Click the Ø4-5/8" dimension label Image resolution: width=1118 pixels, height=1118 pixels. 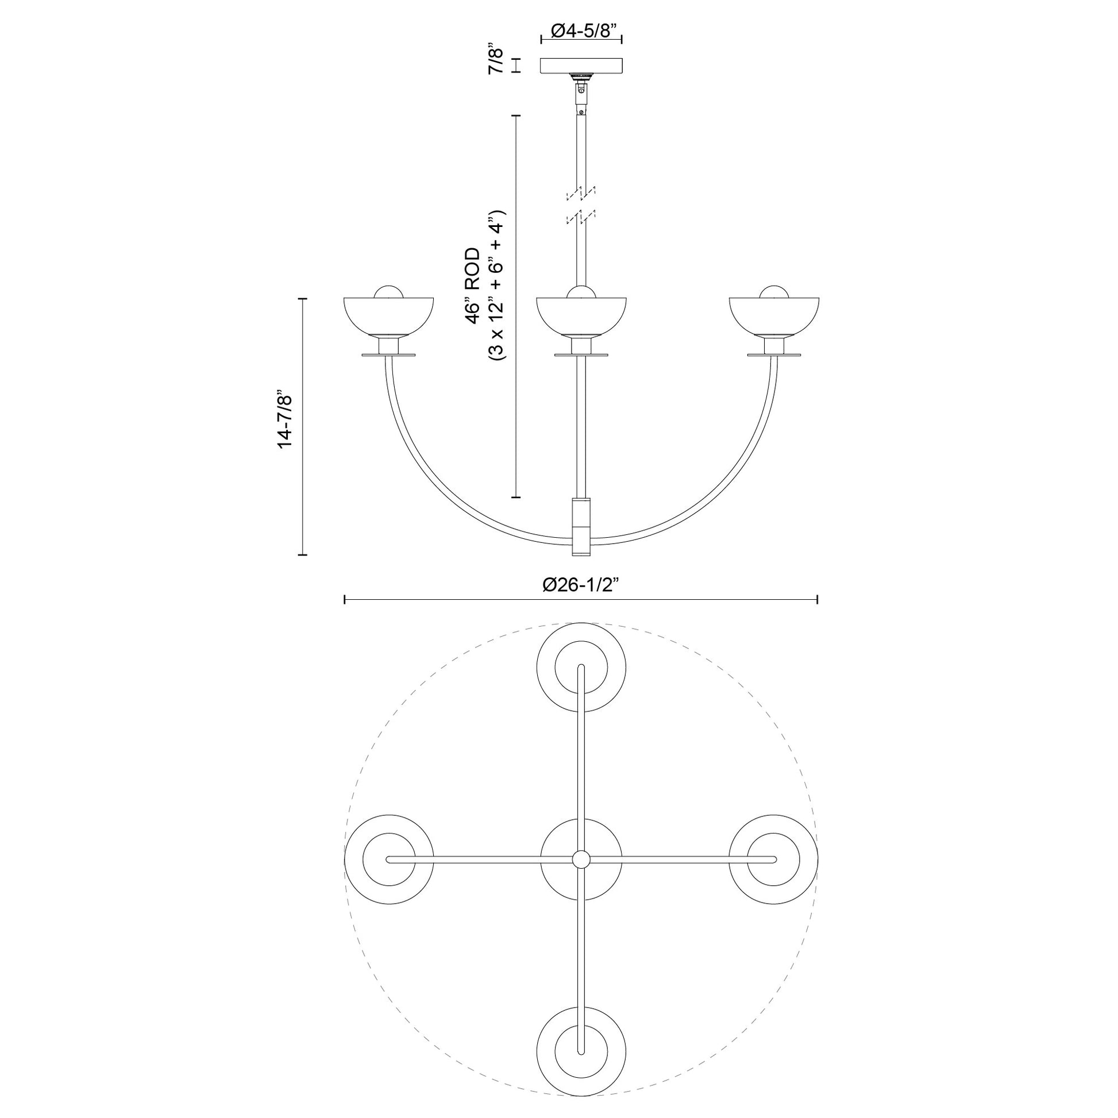(x=581, y=30)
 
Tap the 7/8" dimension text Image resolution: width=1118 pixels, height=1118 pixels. (x=496, y=61)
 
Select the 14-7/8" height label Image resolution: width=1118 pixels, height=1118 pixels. (x=286, y=419)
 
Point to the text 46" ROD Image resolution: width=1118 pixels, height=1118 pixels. (x=473, y=286)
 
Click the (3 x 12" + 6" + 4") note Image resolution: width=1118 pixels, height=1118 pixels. (x=497, y=286)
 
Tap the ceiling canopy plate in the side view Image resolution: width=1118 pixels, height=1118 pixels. (x=581, y=65)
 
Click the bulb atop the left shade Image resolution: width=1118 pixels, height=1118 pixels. (x=388, y=292)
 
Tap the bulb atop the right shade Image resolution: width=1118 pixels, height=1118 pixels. (x=774, y=292)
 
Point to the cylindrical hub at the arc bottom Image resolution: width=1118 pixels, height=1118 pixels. (x=581, y=526)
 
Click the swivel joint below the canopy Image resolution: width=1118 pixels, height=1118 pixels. (x=581, y=91)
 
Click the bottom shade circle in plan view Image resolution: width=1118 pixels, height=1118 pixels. (x=581, y=1051)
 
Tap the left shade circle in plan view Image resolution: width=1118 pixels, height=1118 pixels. (x=388, y=859)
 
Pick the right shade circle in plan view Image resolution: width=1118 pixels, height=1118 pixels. (x=774, y=859)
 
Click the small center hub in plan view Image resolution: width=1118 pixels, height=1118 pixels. (x=581, y=859)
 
